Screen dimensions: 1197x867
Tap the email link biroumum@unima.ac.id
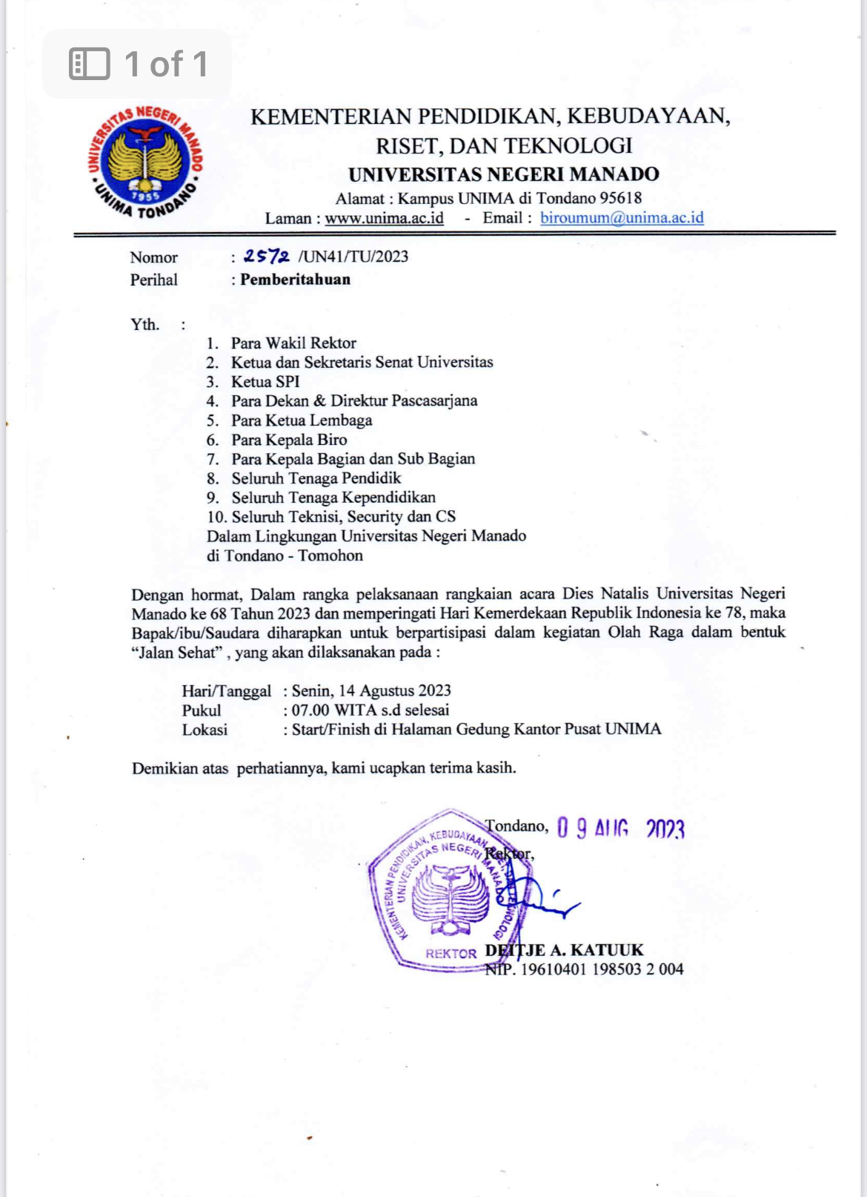pos(621,218)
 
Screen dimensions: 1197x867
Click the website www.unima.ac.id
pos(384,218)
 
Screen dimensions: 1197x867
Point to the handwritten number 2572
pos(266,257)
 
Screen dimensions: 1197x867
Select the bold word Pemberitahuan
pos(295,280)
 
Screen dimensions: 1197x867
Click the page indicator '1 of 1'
pos(166,64)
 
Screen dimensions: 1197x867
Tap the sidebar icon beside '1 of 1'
pos(89,64)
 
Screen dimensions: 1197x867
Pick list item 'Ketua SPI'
pos(265,382)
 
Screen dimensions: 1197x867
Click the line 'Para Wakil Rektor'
pos(293,343)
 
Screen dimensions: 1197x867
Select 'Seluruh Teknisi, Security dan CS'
pos(343,517)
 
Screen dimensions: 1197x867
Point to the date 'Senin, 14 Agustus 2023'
pos(371,690)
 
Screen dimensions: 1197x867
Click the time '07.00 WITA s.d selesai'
pos(370,710)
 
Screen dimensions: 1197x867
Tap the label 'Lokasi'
pos(205,730)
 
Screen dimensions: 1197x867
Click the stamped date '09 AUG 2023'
pos(620,828)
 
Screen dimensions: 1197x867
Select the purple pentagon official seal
pos(445,890)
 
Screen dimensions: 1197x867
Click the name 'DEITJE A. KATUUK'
pos(564,950)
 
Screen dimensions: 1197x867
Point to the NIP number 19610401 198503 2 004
pos(602,969)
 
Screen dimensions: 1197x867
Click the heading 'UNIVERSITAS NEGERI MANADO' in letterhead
pos(504,174)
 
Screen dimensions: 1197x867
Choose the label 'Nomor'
pos(153,257)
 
